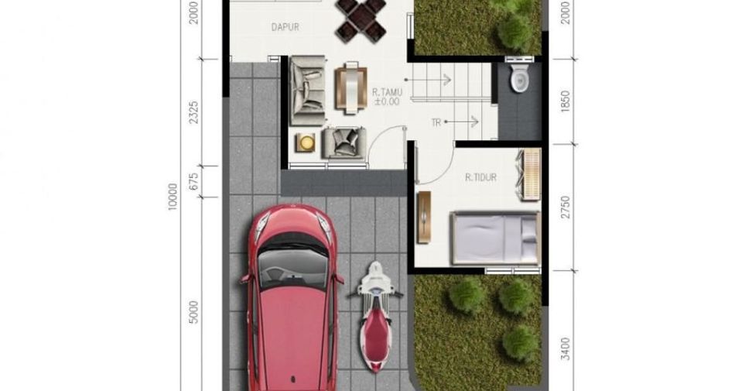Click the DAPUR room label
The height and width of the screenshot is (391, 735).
(x=285, y=27)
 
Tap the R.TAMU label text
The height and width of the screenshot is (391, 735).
(x=387, y=92)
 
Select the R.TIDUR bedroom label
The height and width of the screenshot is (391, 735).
(x=480, y=177)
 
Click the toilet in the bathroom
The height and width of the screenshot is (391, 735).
(x=519, y=78)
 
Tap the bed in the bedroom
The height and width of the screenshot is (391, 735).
(x=495, y=238)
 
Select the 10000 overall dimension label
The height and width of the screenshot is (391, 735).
(x=173, y=197)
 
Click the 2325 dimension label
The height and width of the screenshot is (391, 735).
(x=193, y=112)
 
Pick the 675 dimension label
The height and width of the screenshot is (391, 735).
(x=193, y=181)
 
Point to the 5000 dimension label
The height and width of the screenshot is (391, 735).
(x=193, y=312)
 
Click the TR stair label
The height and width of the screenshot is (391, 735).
(x=436, y=123)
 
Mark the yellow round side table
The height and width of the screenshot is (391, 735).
(x=305, y=142)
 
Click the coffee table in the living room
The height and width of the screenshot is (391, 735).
(x=350, y=88)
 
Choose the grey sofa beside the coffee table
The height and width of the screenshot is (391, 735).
(x=307, y=91)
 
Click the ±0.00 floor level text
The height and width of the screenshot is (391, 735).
(x=387, y=101)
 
